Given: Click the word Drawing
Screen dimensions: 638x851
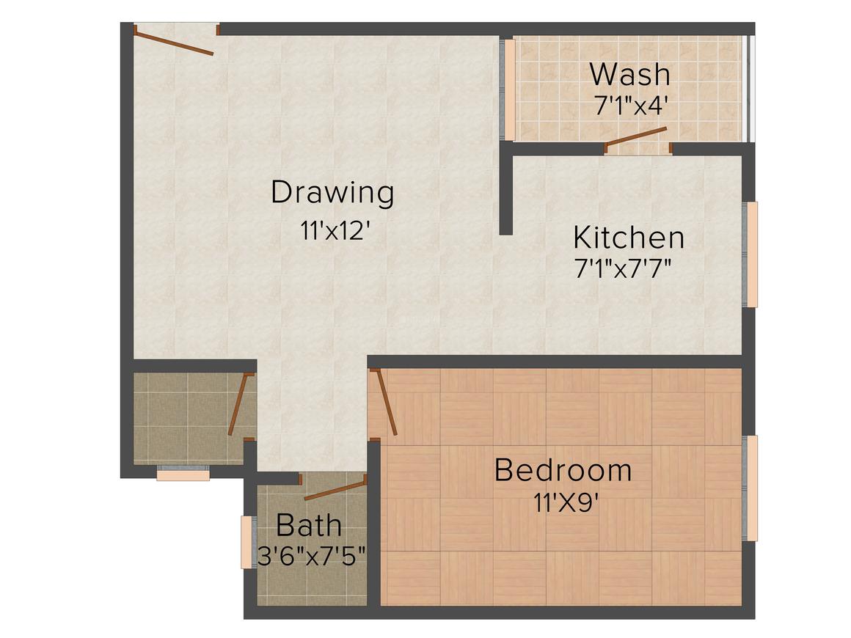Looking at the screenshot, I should [x=332, y=194].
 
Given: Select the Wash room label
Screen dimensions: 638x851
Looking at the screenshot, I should [x=629, y=75].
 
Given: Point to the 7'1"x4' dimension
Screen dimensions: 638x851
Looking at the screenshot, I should [x=630, y=106].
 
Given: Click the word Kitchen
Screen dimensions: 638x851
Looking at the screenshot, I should [x=628, y=238].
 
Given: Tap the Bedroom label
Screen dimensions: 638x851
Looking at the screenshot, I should [x=563, y=470].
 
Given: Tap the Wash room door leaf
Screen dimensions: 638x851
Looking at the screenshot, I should [x=636, y=137].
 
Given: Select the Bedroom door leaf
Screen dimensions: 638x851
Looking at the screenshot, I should [x=386, y=403].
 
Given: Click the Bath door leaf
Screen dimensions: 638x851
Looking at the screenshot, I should [x=335, y=488].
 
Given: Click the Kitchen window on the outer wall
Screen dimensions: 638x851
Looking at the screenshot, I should [x=751, y=254].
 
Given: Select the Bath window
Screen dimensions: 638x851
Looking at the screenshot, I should [x=246, y=542].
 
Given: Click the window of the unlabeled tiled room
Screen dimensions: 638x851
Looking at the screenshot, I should [x=183, y=474].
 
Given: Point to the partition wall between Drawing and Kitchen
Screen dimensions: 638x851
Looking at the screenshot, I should [x=505, y=191].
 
